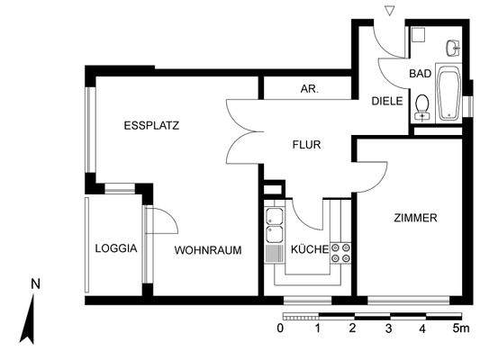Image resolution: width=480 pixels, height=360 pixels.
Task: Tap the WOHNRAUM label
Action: pos(207,250)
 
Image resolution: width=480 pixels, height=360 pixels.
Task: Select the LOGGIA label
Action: pos(115,249)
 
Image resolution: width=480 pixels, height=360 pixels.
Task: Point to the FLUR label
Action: pos(306,144)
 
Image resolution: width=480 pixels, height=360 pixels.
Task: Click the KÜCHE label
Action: pos(308,251)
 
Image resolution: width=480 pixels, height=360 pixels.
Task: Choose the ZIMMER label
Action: pos(415,218)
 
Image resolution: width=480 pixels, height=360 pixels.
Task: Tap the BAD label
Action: pos(420,73)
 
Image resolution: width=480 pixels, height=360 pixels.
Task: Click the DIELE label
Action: pos(387,102)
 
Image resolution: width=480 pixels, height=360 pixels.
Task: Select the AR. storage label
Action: pos(310,89)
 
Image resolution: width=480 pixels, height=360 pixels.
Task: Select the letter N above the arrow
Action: pos(35,283)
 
